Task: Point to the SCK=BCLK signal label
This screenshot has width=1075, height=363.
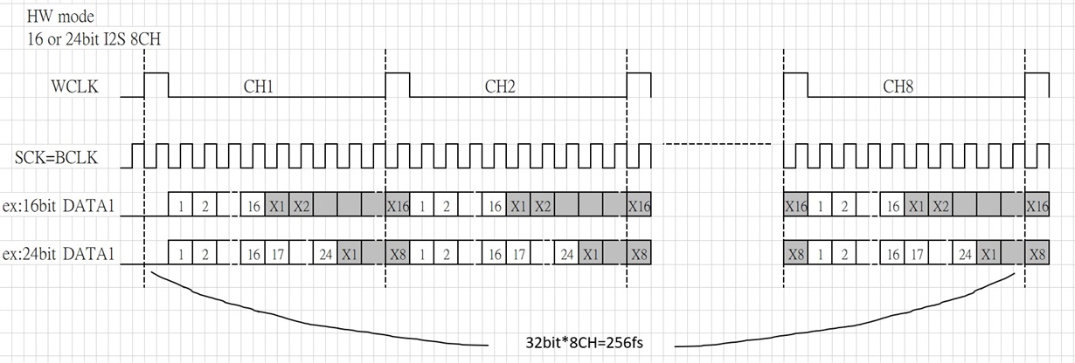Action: (69, 158)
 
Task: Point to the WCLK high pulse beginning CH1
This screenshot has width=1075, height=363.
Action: (156, 84)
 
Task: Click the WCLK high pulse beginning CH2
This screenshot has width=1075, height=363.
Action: (397, 84)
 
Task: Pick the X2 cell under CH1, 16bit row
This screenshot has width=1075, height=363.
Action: (301, 206)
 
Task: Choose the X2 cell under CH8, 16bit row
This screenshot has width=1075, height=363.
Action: (940, 206)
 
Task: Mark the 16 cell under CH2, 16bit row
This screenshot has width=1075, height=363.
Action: (494, 206)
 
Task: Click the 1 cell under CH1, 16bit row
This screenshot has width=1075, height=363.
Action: (179, 206)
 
